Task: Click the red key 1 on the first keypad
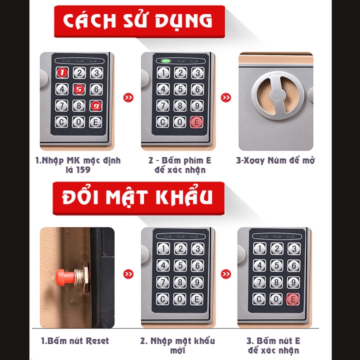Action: click(x=62, y=72)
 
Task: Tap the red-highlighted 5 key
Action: click(x=78, y=89)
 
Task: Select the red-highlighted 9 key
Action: click(x=95, y=105)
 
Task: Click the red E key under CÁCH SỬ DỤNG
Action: click(x=197, y=122)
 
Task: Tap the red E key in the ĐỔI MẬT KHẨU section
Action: click(x=293, y=298)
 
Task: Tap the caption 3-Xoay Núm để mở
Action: click(x=275, y=161)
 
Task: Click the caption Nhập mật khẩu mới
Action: click(x=177, y=345)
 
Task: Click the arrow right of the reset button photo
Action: click(x=128, y=274)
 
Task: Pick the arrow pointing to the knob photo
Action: click(x=226, y=97)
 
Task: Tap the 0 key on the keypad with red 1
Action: click(x=78, y=122)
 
